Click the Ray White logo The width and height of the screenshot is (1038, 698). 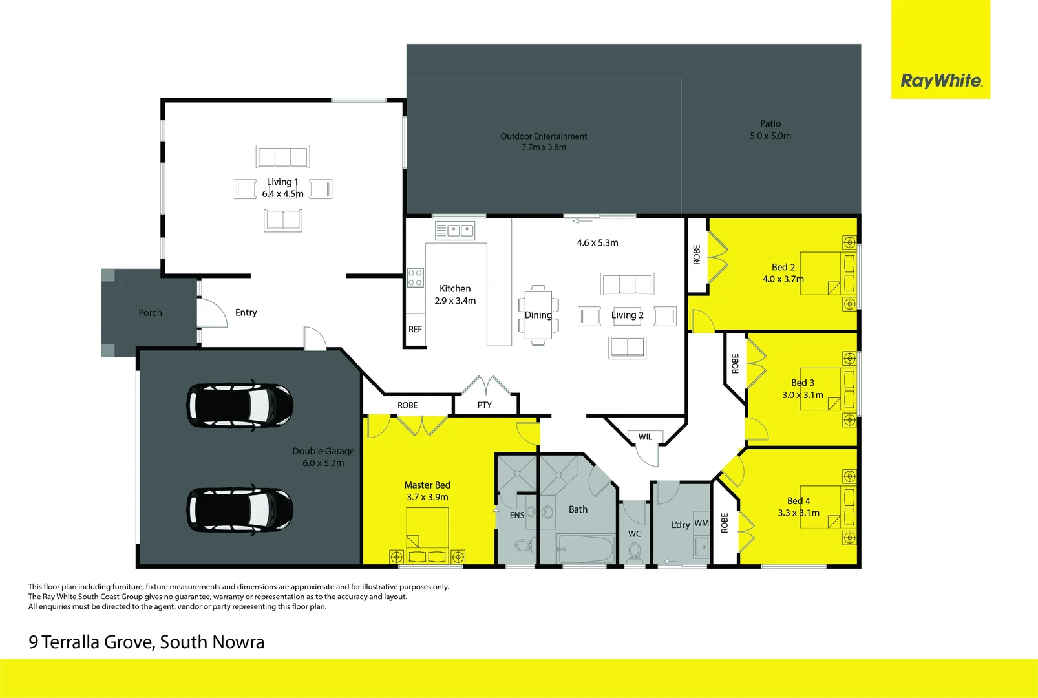coord(940,81)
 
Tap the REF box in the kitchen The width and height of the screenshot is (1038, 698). coord(415,330)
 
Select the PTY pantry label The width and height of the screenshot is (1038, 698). coord(484,405)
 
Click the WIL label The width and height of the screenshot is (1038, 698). coord(645,437)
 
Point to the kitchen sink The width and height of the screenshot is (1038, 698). coord(455,230)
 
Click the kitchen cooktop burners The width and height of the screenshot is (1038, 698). coord(415,277)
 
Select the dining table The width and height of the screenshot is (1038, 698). coord(538,315)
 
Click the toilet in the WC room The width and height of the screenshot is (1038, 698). coord(635,553)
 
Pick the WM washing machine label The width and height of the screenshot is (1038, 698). coord(701,523)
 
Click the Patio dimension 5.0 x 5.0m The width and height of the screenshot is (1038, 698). coord(770,136)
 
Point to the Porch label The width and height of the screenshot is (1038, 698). coord(150,313)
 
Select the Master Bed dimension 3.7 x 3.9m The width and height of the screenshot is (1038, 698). coord(427,497)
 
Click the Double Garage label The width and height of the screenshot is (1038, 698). coord(323,451)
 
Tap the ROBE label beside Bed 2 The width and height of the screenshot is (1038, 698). coord(697,255)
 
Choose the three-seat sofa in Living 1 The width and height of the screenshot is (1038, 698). coord(282,156)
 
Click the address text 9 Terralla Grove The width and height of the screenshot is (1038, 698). coord(91,642)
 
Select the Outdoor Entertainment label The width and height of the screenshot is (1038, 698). coord(544,136)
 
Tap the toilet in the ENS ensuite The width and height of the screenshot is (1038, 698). coord(525,545)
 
